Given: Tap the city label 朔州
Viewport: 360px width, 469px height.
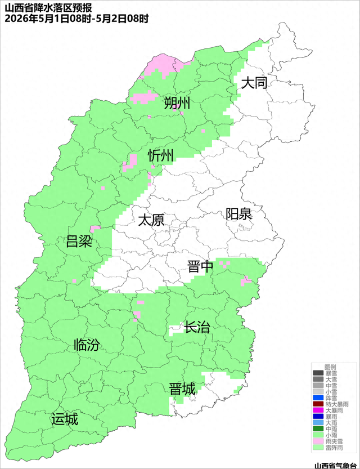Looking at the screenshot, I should (x=177, y=103).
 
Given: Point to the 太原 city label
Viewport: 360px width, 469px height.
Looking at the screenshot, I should (x=151, y=220).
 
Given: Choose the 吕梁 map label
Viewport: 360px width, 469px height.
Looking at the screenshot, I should (x=79, y=242).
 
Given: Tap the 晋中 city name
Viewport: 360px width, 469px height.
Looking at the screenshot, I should (x=200, y=266).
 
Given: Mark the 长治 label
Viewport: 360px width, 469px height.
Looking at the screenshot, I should (x=197, y=327).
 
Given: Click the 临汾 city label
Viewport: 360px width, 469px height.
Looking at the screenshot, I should (x=87, y=345).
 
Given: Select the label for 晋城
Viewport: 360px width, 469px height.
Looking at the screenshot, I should (x=182, y=388).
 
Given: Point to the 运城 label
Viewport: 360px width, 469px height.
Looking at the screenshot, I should (x=64, y=419).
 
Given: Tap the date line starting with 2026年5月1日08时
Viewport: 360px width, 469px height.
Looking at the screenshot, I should (x=76, y=19).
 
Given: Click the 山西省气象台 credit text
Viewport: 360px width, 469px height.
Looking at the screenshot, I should (x=335, y=464).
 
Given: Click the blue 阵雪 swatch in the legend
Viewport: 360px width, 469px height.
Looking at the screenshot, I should (x=318, y=397).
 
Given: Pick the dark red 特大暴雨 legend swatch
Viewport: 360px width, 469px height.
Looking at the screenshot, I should (x=318, y=404).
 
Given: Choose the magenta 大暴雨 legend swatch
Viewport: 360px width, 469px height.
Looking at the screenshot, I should (x=318, y=410).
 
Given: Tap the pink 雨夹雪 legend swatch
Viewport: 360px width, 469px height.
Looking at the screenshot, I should (x=318, y=441).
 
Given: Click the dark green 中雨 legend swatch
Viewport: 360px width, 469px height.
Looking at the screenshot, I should (x=318, y=429).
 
